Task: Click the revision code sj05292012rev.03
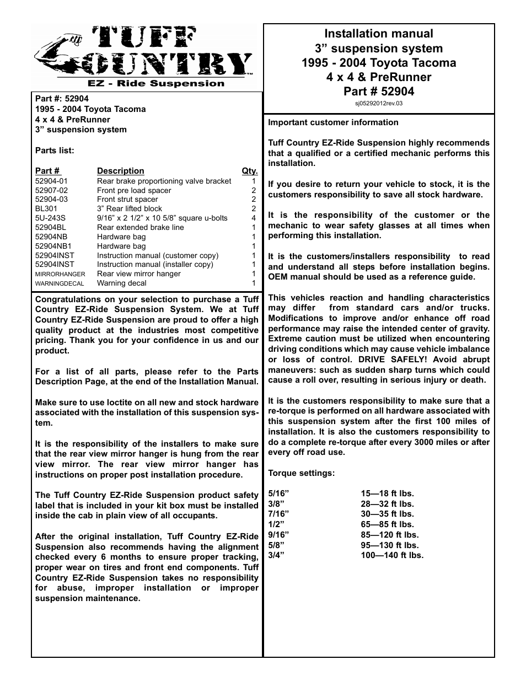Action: click(x=379, y=103)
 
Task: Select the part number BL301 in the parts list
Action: click(x=46, y=209)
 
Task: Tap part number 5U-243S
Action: click(x=50, y=218)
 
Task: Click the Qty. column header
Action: click(x=250, y=171)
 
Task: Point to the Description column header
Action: click(x=120, y=171)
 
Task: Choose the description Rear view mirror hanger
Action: click(x=138, y=274)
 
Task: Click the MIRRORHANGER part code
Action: click(x=60, y=274)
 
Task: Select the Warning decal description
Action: click(x=122, y=283)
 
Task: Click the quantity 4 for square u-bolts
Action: click(x=254, y=218)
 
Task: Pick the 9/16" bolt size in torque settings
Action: click(x=278, y=535)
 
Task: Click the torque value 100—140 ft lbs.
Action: click(x=392, y=555)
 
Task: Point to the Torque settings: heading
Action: click(x=301, y=473)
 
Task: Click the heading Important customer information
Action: click(x=333, y=122)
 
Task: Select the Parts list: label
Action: click(x=55, y=151)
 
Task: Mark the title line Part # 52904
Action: click(x=379, y=92)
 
